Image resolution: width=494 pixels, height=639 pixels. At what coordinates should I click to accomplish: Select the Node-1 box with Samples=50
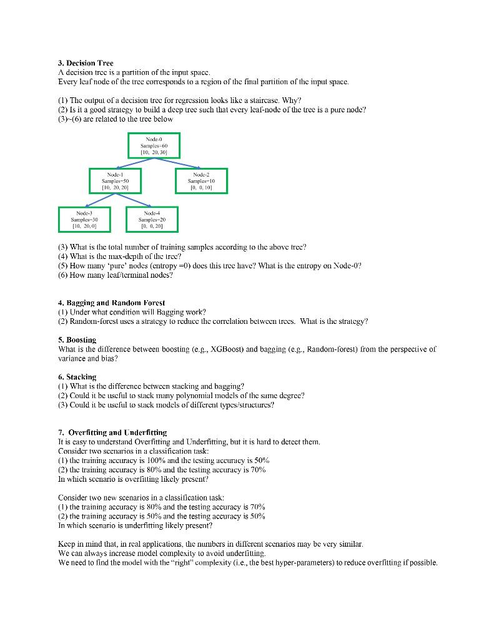(115, 181)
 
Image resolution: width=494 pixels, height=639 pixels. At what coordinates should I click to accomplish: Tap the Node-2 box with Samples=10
(201, 181)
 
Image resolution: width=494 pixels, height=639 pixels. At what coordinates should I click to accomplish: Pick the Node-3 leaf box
(84, 219)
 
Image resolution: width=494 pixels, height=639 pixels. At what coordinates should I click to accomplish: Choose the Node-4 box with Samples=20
(152, 219)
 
